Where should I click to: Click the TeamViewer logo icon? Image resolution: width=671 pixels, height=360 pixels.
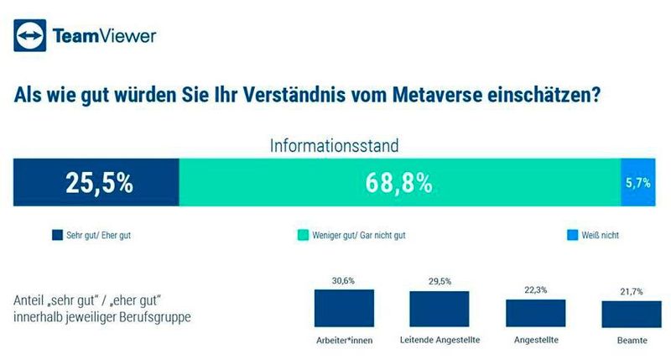[x=29, y=35]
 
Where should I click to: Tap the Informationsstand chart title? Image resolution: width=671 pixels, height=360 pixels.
[x=334, y=144]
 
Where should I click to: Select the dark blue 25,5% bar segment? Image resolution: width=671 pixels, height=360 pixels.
[x=96, y=182]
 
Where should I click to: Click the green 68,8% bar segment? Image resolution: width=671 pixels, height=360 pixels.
[x=399, y=182]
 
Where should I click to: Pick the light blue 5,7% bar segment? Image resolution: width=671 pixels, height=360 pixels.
[x=637, y=182]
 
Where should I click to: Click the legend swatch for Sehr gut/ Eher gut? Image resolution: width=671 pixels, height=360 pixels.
[x=57, y=236]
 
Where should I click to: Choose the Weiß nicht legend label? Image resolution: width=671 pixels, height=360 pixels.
[x=601, y=236]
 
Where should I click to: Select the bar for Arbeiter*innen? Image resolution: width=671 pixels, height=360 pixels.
[x=344, y=308]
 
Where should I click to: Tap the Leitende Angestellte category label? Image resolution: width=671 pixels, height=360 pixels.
[x=440, y=340]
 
